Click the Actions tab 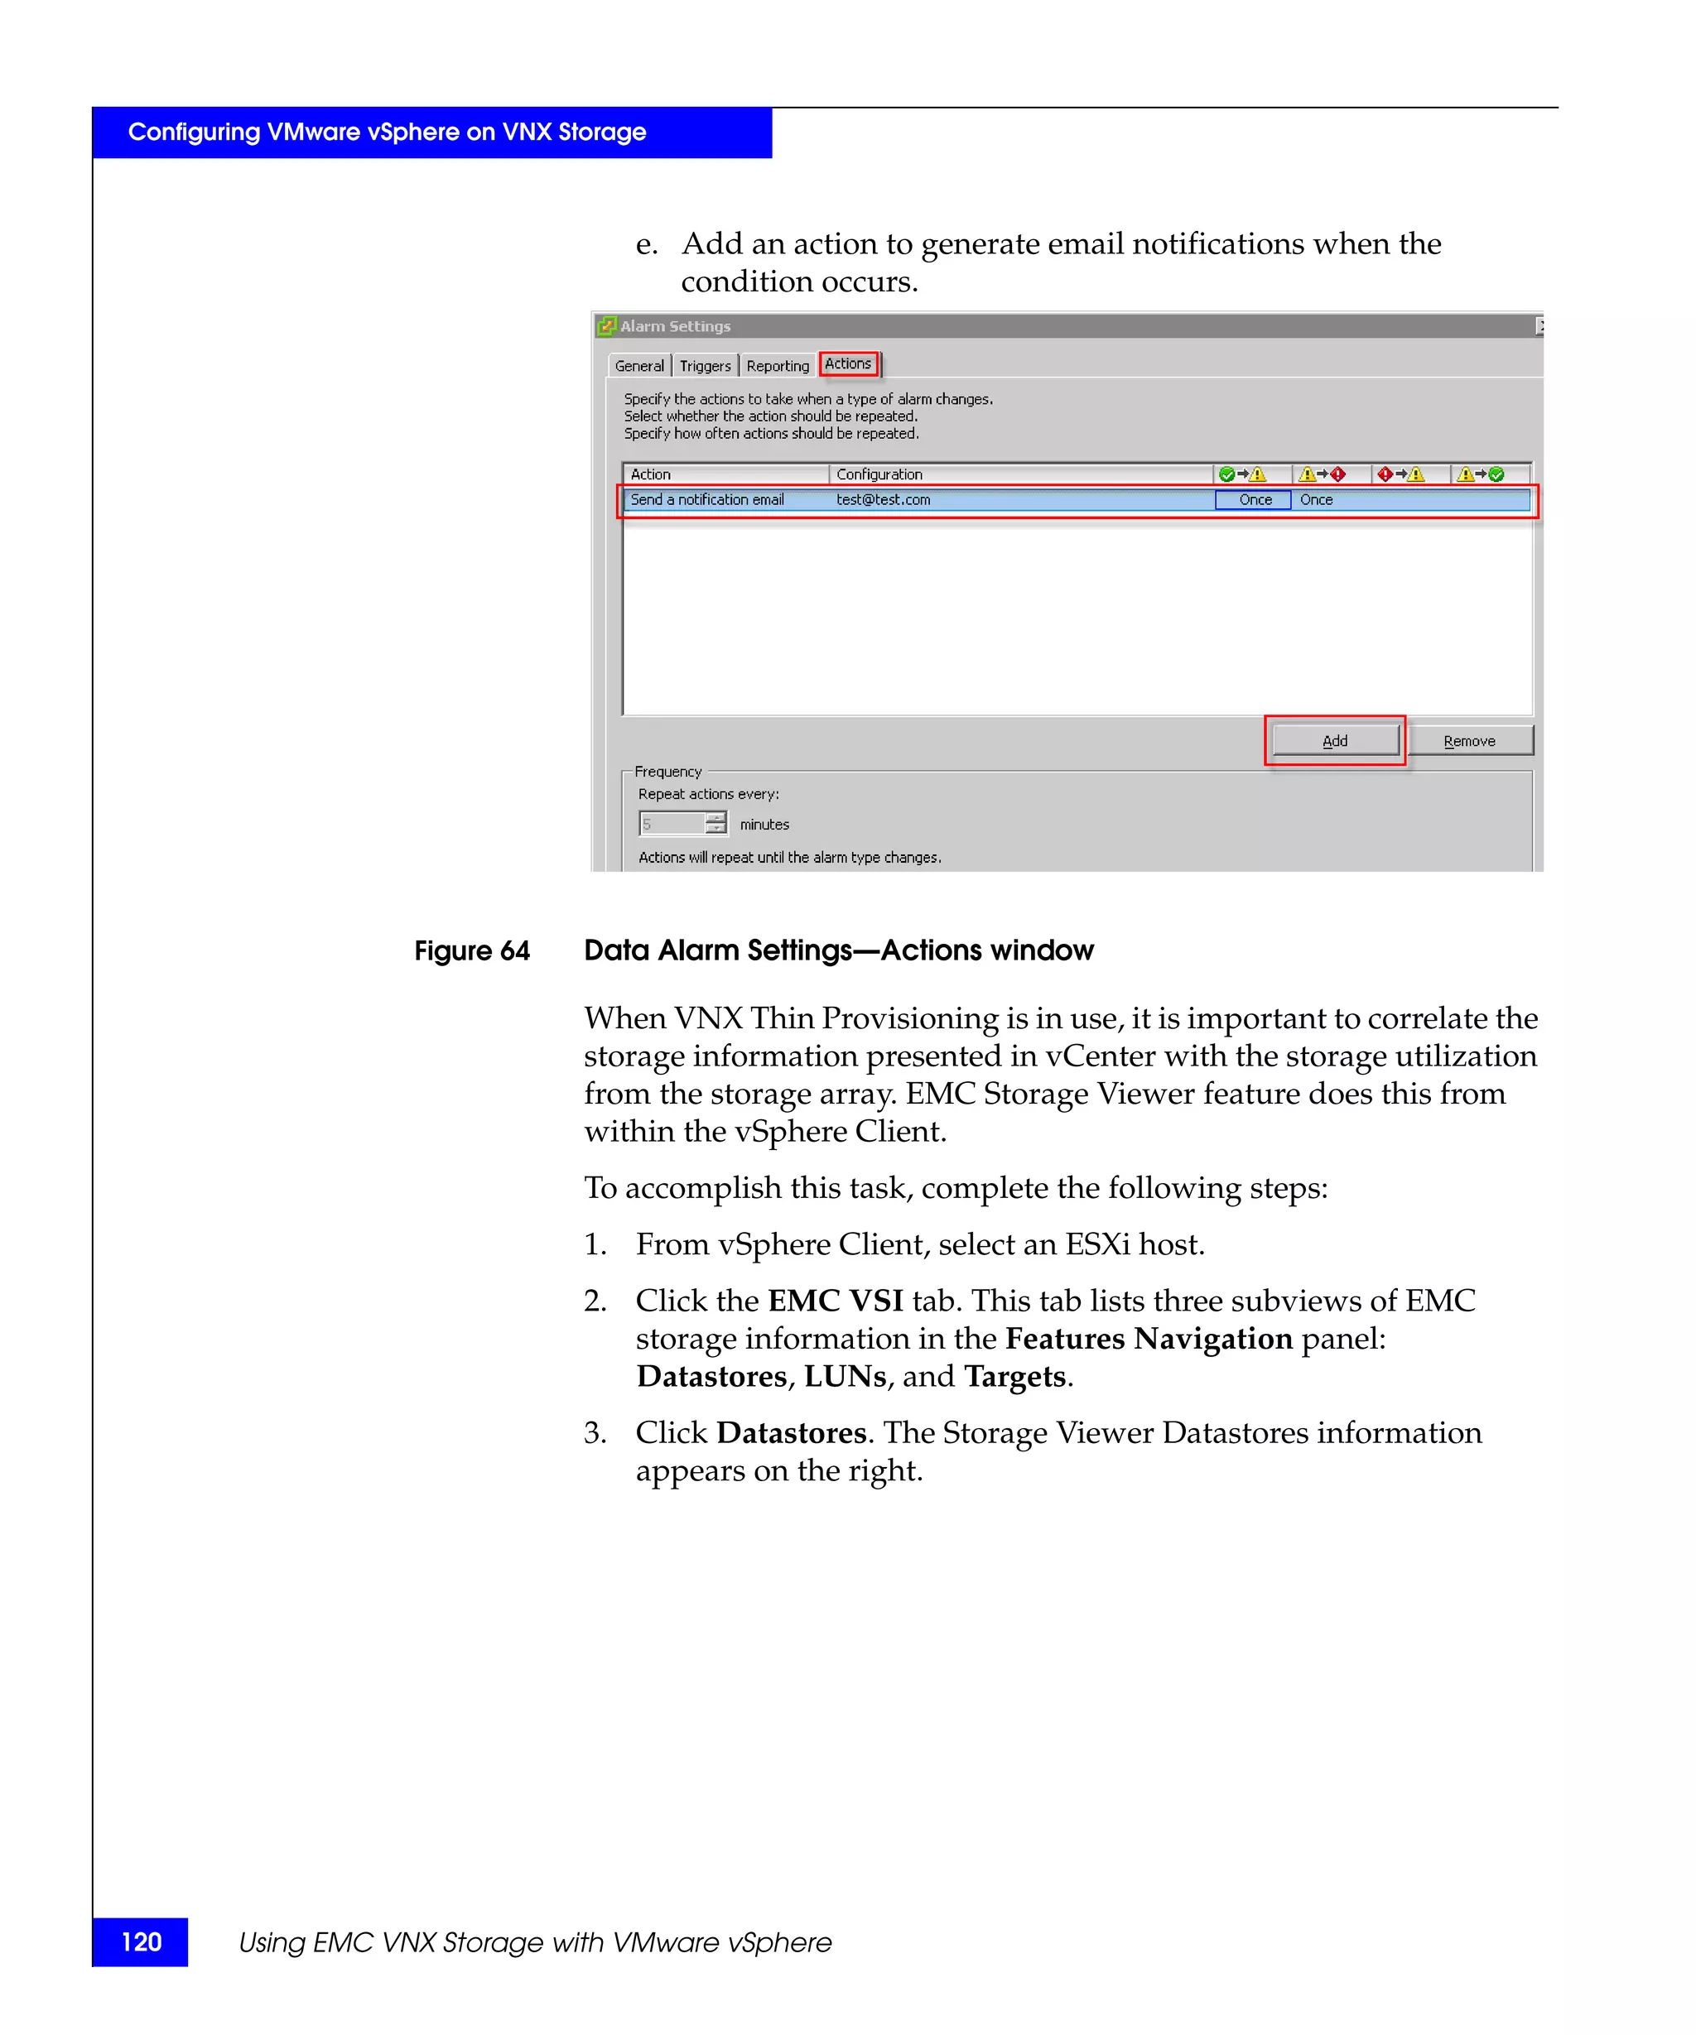(847, 363)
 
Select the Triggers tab (705, 366)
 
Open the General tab (638, 366)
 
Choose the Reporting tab (778, 366)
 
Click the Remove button (1468, 741)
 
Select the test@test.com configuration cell (883, 500)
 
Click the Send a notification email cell (706, 500)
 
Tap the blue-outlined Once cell (1254, 500)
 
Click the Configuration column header (879, 475)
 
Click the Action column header (650, 475)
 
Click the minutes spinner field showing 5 (672, 825)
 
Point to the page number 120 (142, 1942)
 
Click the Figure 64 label (472, 951)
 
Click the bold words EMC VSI (835, 1301)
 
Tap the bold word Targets (1014, 1377)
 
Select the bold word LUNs (844, 1377)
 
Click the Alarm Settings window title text (675, 326)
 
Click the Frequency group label (667, 772)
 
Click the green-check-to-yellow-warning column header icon (1241, 475)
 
